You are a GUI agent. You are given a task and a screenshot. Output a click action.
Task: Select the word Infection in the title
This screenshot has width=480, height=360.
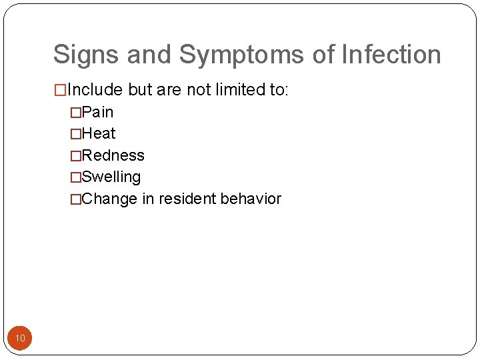point(391,55)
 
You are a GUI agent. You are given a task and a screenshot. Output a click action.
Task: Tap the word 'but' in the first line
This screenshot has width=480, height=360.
point(141,90)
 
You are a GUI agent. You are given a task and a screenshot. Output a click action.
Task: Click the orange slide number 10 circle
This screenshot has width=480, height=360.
point(20,339)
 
